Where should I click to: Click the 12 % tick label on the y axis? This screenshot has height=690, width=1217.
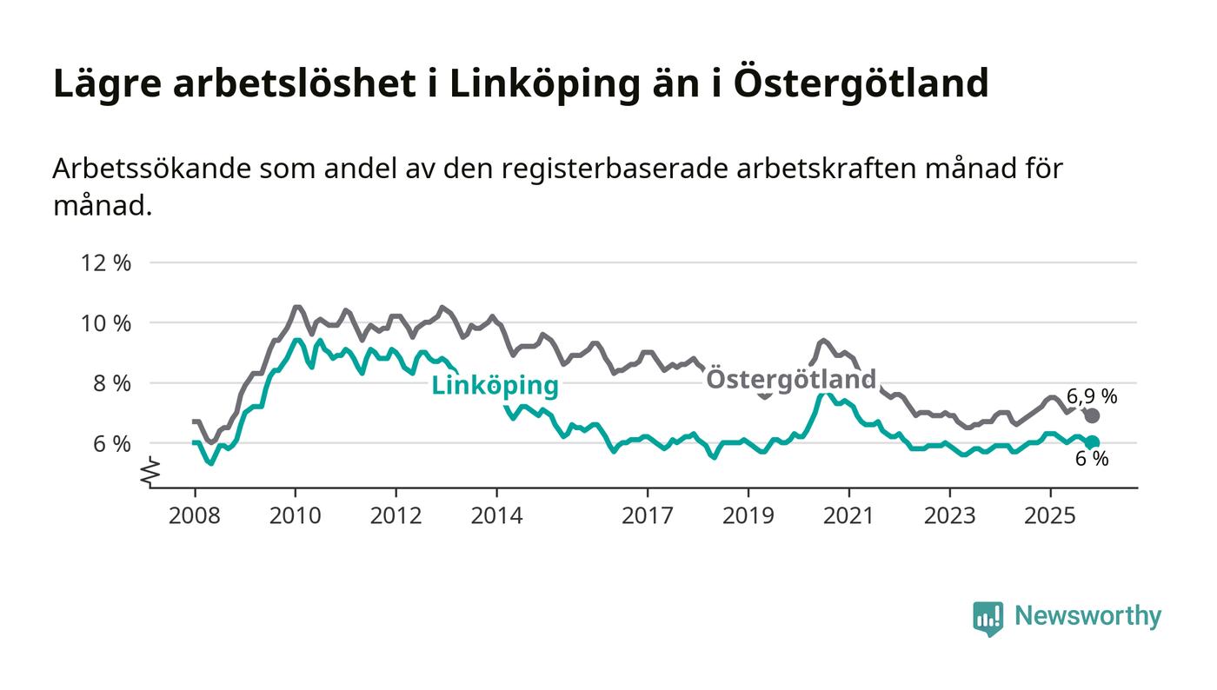pos(106,262)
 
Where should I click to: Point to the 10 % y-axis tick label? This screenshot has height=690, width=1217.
pos(106,323)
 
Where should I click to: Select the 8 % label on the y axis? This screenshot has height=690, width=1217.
pos(112,383)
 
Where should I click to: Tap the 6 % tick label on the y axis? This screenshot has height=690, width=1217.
pos(112,443)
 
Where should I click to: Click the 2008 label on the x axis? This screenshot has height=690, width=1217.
pos(195,516)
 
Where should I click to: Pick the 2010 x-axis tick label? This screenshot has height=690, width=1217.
pos(296,516)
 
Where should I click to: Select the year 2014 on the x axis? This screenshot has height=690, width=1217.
pos(496,516)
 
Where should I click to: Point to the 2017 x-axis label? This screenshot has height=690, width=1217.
pos(648,516)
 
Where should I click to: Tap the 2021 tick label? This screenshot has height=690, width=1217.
pos(848,516)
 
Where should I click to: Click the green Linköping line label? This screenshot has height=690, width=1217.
pos(495,387)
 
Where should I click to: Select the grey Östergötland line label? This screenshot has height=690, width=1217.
pos(790,380)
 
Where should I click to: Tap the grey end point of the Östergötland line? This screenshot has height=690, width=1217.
pos(1092,415)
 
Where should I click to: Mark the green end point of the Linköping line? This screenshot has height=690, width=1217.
pos(1092,442)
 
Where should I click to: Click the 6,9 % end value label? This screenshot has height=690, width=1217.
pos(1092,397)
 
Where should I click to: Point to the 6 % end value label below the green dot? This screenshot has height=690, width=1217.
pos(1092,460)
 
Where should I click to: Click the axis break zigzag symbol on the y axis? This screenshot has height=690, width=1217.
pos(150,470)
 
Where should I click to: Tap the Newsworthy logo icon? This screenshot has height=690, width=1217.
pos(988,618)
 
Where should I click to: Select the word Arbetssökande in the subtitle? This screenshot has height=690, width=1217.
pos(151,169)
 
